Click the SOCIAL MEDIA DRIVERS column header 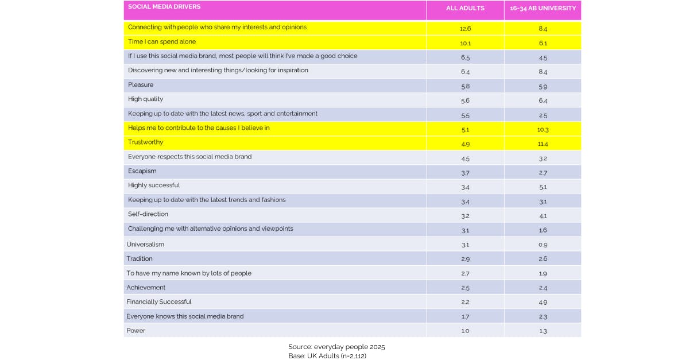[164, 7]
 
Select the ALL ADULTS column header [465, 8]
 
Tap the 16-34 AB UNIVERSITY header [543, 8]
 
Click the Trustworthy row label [145, 142]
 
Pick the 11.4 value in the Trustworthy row [543, 143]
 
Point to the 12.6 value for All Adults [465, 28]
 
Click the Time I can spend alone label [162, 42]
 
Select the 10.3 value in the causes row [543, 129]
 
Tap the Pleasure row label [141, 85]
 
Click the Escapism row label [142, 171]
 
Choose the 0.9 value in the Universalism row [543, 245]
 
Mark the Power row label [136, 331]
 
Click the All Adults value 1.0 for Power [465, 331]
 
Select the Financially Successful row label [159, 302]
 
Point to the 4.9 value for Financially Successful [543, 302]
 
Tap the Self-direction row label [148, 214]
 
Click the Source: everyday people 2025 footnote [336, 347]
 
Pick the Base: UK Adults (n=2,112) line [327, 356]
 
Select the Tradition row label [140, 259]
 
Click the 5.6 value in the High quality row [465, 100]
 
